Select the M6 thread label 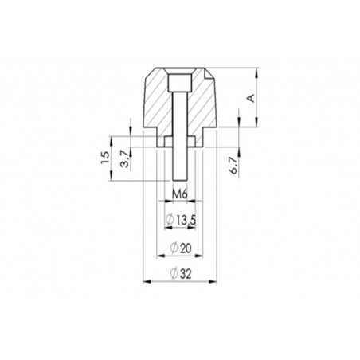coord(179,194)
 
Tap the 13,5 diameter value coord(185,220)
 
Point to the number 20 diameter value coord(186,249)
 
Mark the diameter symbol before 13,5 coord(169,220)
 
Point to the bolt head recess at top coord(180,82)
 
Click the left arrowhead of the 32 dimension coord(144,282)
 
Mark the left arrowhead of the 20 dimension coord(158,256)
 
